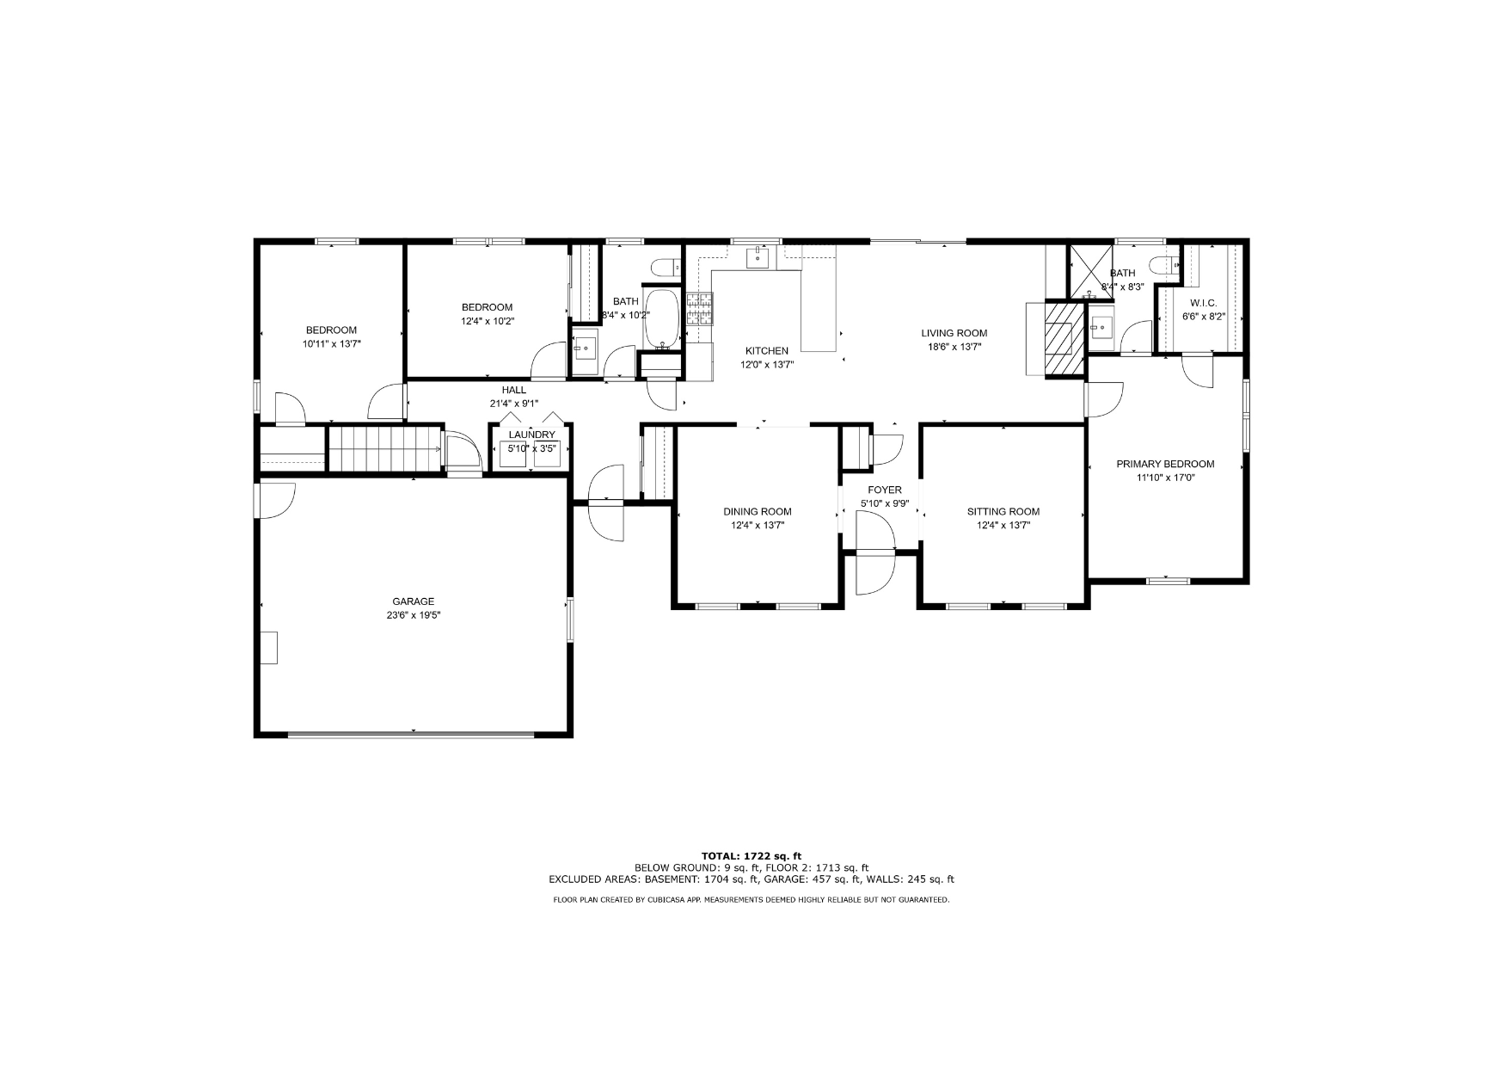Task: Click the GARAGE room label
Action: point(413,601)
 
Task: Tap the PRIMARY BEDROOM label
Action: point(1165,464)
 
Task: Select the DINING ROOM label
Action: point(757,512)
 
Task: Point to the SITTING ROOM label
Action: point(1003,512)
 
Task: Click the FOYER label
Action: point(884,490)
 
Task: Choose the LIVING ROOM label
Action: point(954,333)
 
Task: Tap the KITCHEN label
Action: point(766,351)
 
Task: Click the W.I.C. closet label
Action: point(1203,303)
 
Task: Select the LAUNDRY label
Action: point(531,435)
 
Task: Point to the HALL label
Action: point(513,390)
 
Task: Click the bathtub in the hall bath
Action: point(662,318)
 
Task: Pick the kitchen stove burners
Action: point(699,308)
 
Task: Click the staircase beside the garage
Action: point(384,449)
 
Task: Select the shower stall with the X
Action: point(1089,271)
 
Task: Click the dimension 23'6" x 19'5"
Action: point(413,615)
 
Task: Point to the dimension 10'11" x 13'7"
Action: point(331,344)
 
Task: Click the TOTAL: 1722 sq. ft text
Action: point(751,856)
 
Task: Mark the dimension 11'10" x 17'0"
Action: point(1165,478)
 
